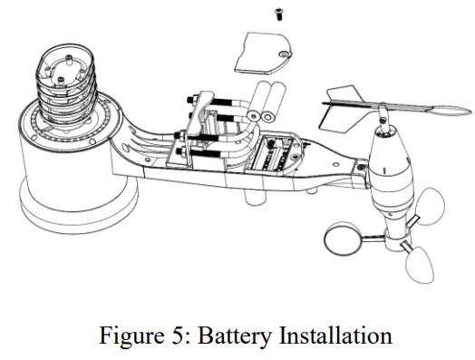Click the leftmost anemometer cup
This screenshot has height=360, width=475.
[341, 240]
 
